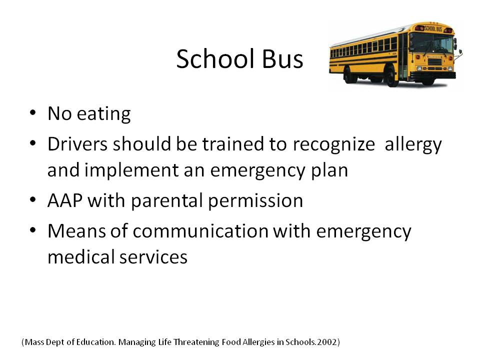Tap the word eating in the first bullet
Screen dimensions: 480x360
pyautogui.click(x=104, y=114)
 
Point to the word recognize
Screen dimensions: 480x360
pyautogui.click(x=333, y=144)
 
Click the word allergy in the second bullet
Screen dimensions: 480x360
pyautogui.click(x=413, y=144)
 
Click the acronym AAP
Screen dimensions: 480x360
pyautogui.click(x=65, y=200)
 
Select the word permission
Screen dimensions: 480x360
pyautogui.click(x=255, y=201)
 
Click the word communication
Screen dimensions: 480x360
pyautogui.click(x=200, y=230)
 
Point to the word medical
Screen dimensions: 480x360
pyautogui.click(x=81, y=256)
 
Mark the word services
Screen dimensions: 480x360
pyautogui.click(x=153, y=257)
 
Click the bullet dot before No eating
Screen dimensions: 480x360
pyautogui.click(x=33, y=112)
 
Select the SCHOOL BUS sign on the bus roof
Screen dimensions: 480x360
pyautogui.click(x=433, y=29)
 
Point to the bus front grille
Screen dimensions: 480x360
pyautogui.click(x=434, y=61)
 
